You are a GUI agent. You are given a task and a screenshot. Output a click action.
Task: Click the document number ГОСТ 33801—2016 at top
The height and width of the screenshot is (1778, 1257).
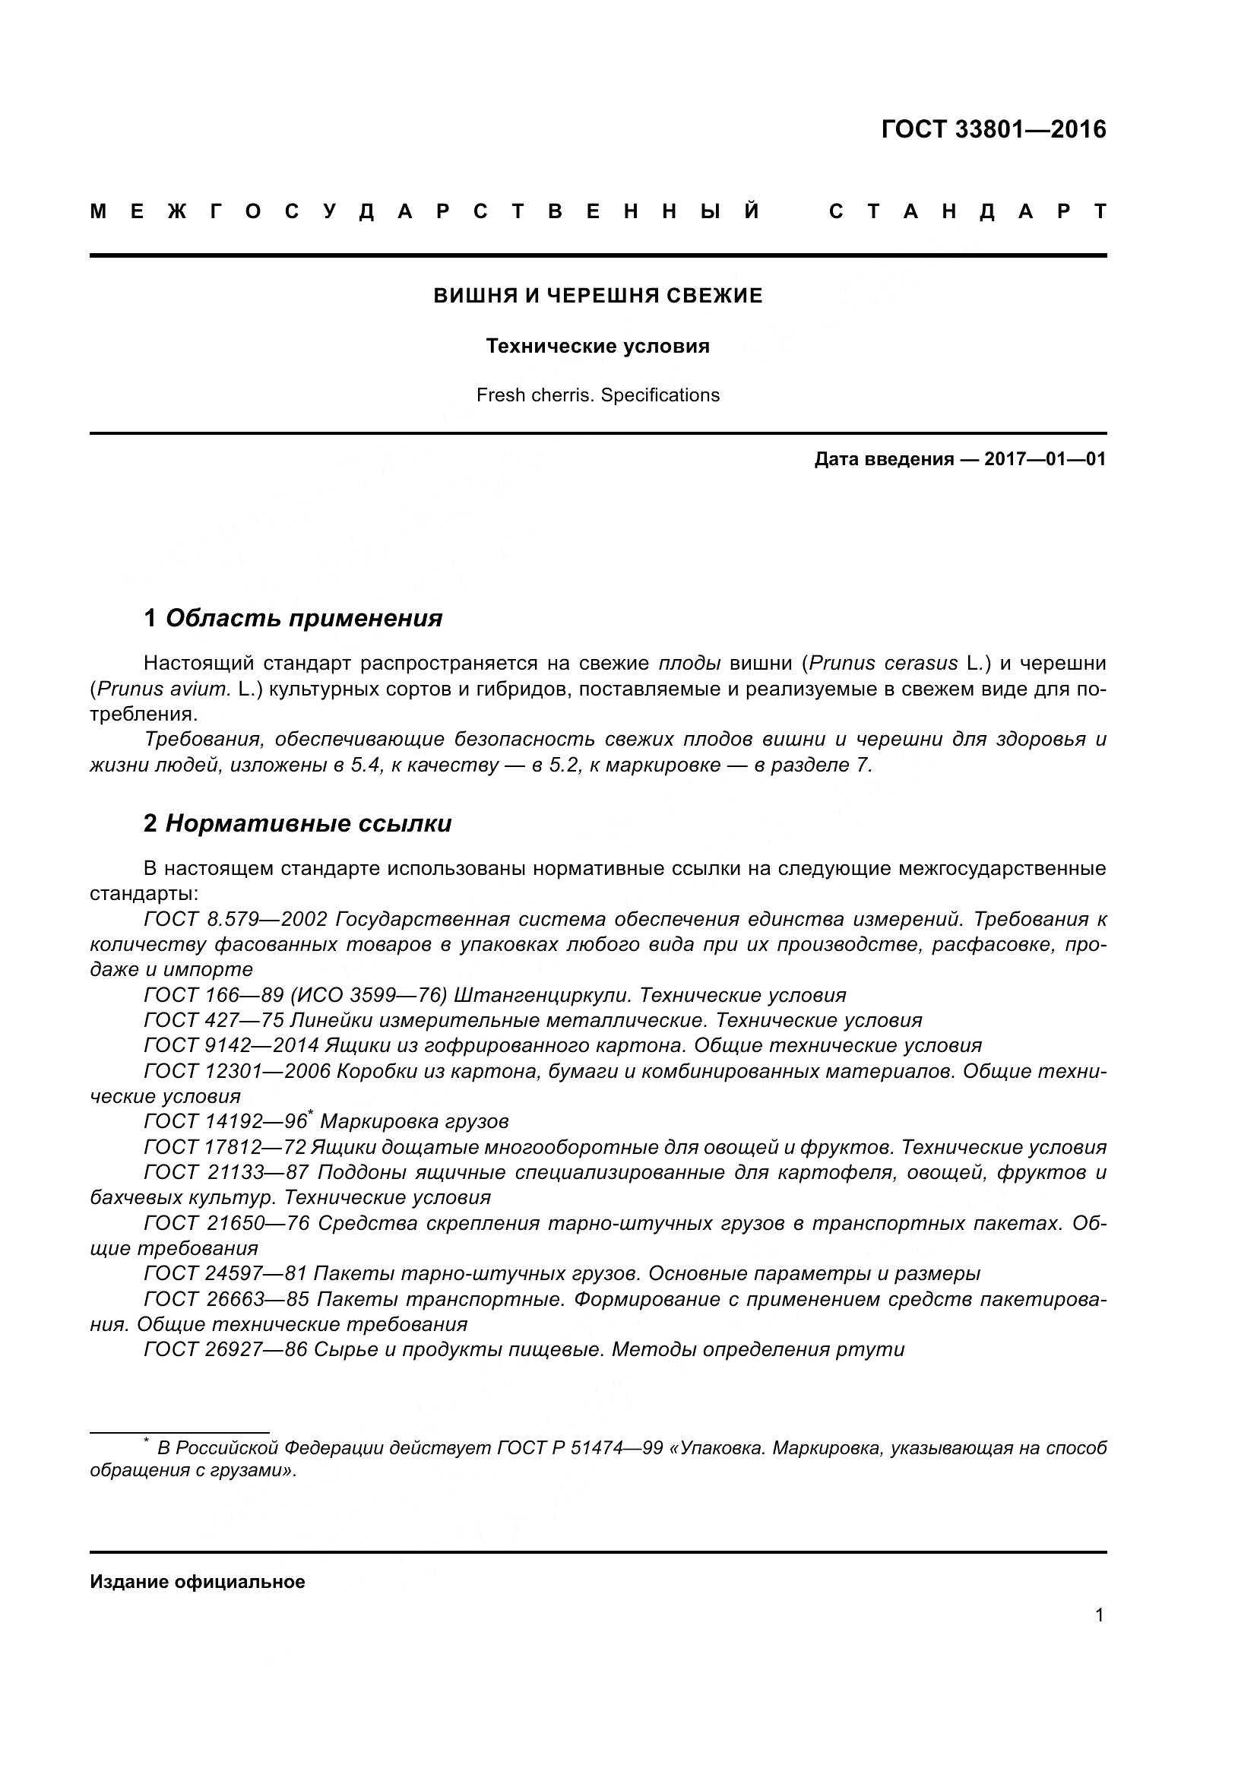(993, 129)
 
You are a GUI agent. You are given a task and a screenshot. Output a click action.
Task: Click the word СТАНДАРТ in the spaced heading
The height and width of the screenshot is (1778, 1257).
(967, 211)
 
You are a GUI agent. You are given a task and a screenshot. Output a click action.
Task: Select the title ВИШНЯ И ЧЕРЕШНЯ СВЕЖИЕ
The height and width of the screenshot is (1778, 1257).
(597, 296)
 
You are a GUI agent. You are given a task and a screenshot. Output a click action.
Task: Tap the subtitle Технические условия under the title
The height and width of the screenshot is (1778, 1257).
(597, 346)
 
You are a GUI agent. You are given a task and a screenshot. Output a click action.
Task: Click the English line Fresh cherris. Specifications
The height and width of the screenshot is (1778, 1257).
(597, 396)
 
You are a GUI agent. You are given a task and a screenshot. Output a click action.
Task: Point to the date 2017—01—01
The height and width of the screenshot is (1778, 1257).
(1044, 459)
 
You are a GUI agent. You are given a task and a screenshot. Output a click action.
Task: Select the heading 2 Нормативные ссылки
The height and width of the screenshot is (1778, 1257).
(297, 824)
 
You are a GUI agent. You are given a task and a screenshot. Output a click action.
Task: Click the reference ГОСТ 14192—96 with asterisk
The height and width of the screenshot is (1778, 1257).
(226, 1121)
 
